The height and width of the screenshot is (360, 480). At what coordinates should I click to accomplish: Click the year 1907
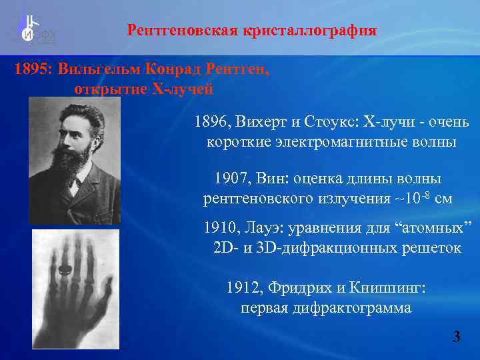point(231,179)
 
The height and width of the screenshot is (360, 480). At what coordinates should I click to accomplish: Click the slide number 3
point(456,337)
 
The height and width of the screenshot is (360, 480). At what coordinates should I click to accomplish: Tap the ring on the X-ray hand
point(64,270)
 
